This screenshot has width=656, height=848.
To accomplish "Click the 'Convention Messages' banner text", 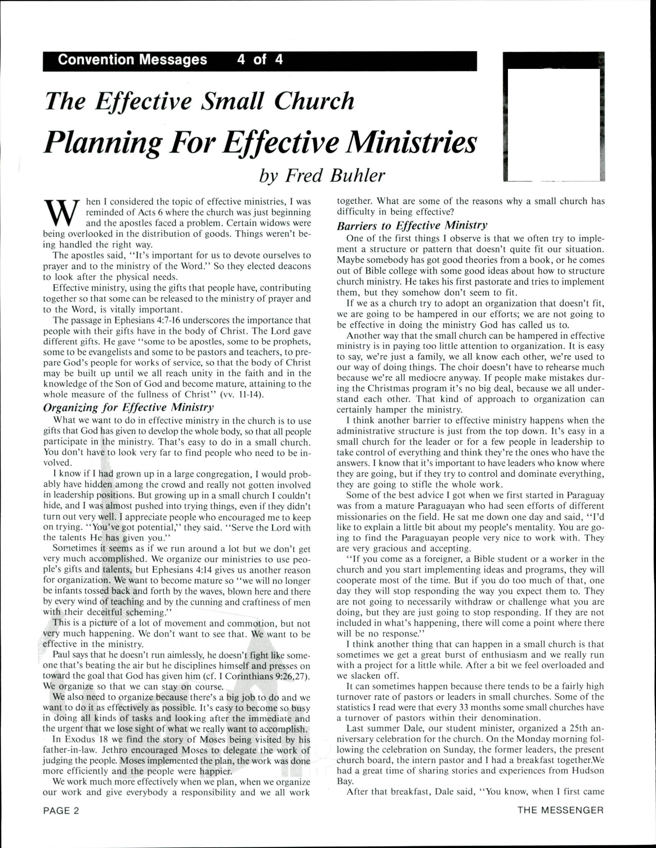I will (132, 60).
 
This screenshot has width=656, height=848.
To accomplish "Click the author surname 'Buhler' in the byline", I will (357, 176).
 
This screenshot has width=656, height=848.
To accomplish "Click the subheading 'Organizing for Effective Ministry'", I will (128, 407).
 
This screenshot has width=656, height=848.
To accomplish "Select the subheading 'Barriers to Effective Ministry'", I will (412, 226).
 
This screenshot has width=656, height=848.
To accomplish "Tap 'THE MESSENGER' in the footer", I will (560, 810).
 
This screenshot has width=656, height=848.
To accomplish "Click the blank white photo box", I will (553, 124).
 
